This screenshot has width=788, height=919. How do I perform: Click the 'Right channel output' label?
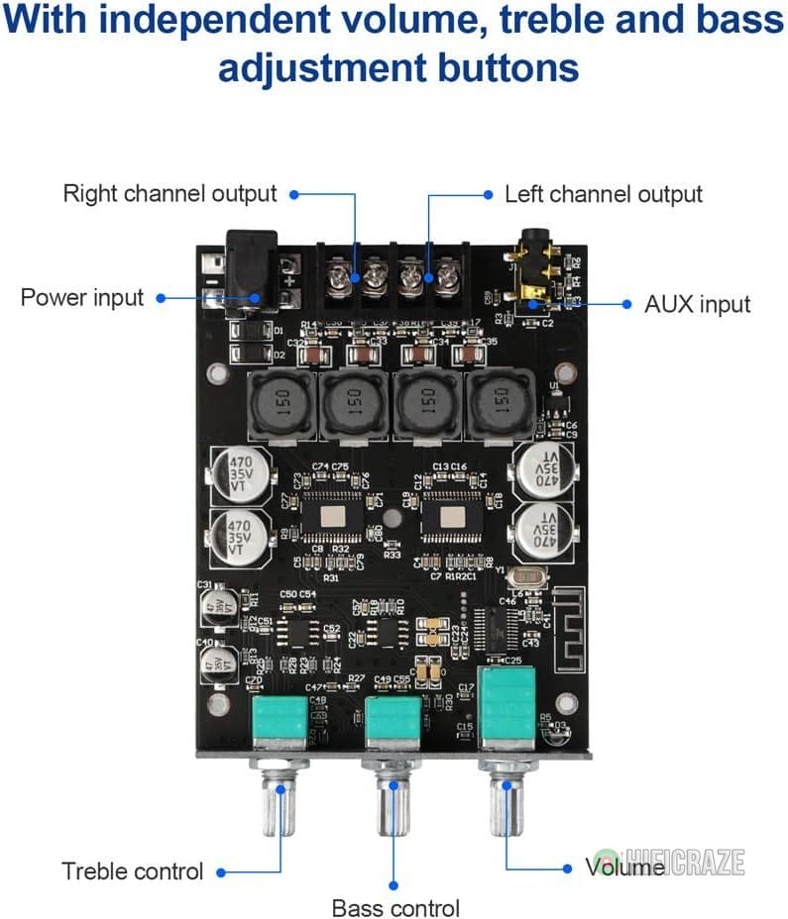click(169, 193)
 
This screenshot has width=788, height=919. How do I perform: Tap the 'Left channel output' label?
click(604, 194)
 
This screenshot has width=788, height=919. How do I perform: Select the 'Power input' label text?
click(82, 297)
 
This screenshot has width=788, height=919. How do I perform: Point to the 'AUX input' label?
click(698, 304)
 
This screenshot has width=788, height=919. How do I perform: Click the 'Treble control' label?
click(133, 871)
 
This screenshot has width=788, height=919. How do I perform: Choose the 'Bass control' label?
click(395, 907)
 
